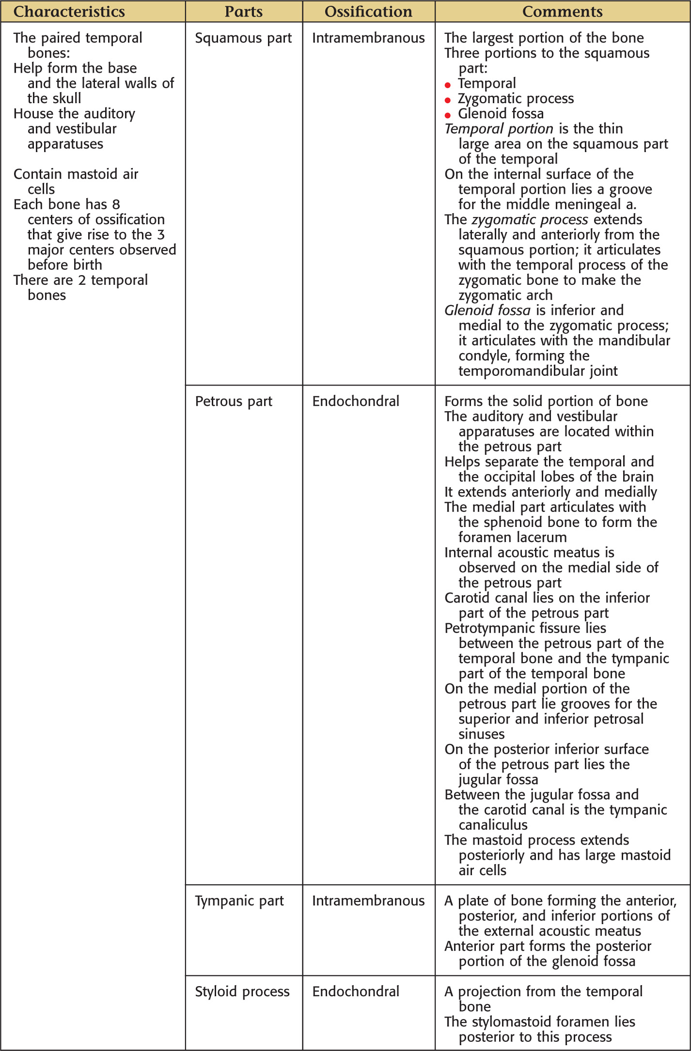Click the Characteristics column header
(69, 12)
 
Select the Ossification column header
(368, 12)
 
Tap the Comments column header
(562, 12)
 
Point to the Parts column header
(243, 12)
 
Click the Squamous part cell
(243, 38)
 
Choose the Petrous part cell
(234, 402)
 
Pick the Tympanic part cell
(239, 901)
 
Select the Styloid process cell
(242, 991)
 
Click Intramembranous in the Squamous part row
(368, 38)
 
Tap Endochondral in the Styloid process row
(356, 991)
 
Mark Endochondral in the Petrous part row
(356, 402)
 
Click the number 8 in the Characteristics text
(116, 204)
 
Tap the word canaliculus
(493, 825)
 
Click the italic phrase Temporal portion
(499, 129)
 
